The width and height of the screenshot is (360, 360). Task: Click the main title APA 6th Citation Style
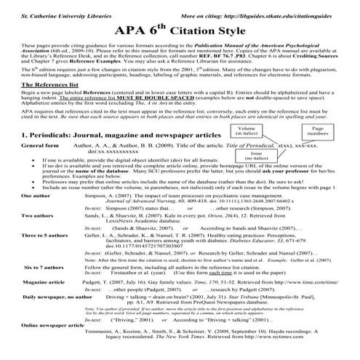pyautogui.click(x=180, y=32)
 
